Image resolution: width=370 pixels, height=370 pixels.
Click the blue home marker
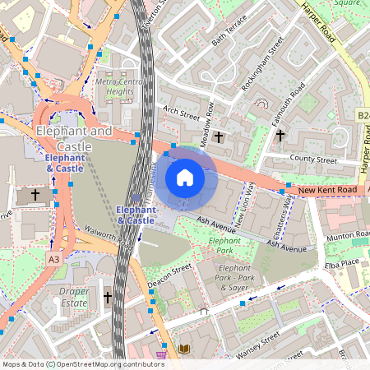(185, 178)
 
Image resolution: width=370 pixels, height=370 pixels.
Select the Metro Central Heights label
(114, 87)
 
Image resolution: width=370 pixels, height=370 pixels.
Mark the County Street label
(314, 159)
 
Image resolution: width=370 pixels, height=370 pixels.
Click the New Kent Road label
(327, 190)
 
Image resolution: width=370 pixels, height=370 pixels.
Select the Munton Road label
(345, 236)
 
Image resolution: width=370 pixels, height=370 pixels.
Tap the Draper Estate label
(74, 297)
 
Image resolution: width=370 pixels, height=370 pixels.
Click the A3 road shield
(53, 259)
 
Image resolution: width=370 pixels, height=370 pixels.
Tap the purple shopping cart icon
(162, 354)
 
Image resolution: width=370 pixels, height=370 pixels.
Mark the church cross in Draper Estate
(108, 296)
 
